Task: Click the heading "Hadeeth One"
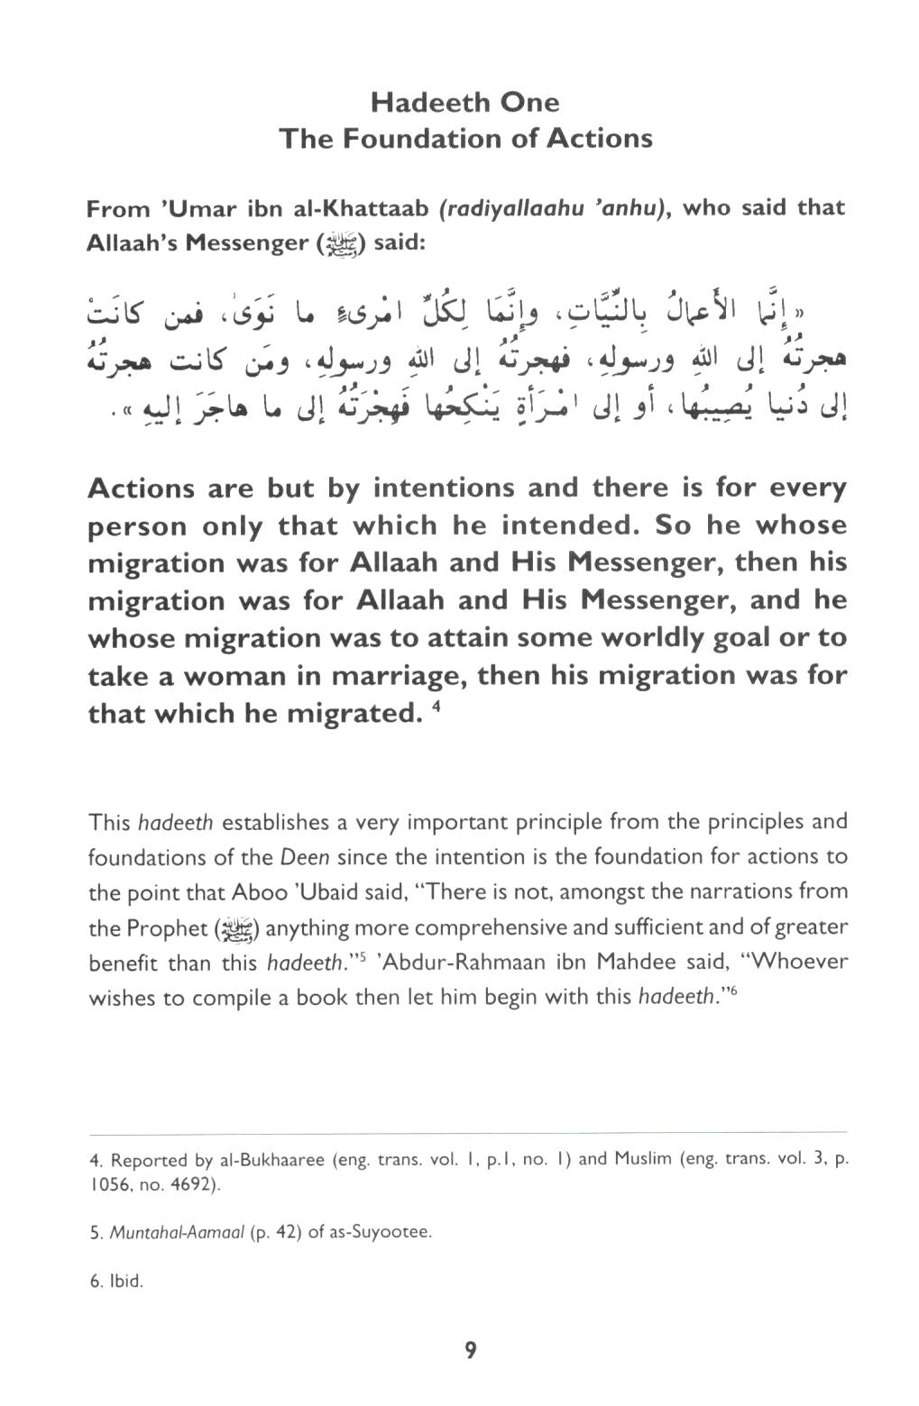pyautogui.click(x=464, y=102)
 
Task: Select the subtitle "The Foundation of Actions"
pyautogui.click(x=464, y=139)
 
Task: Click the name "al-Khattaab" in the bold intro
pyautogui.click(x=359, y=209)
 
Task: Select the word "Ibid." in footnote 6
pyautogui.click(x=125, y=1281)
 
